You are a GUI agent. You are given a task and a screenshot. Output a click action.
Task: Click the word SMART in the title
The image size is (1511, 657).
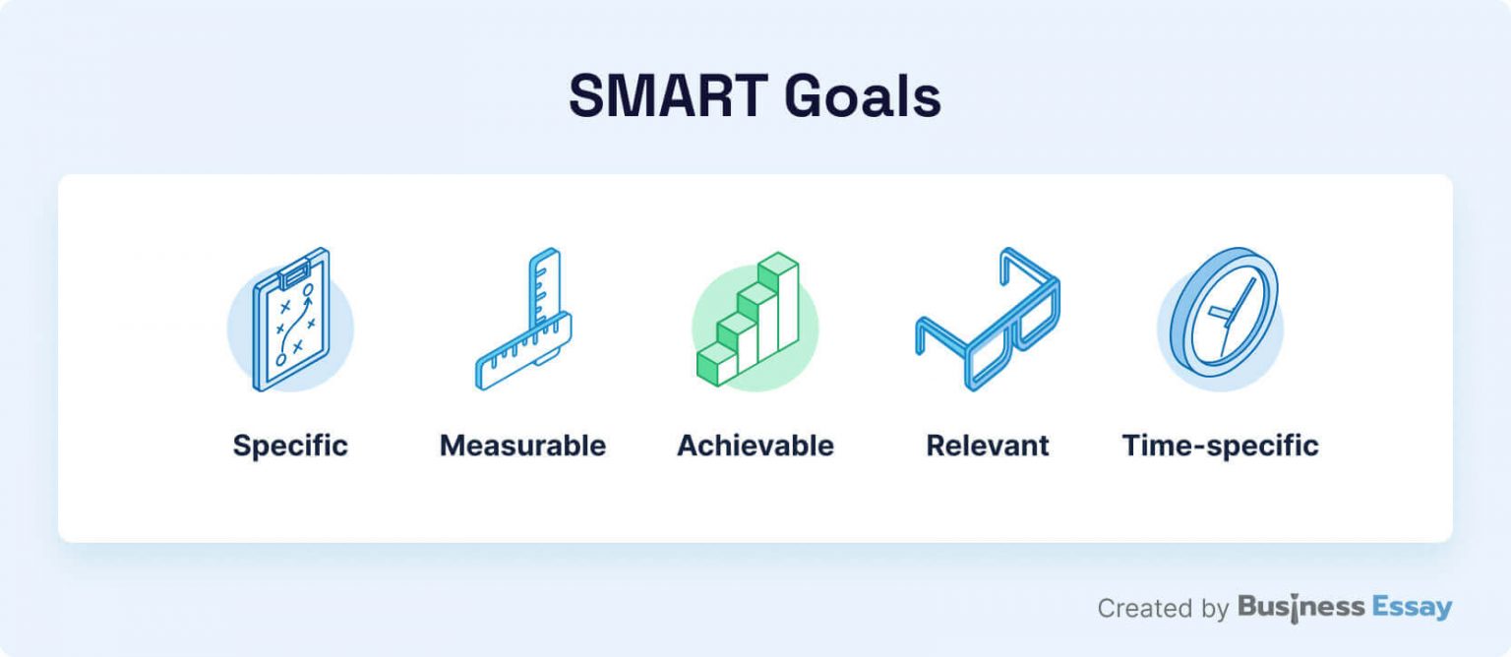(668, 96)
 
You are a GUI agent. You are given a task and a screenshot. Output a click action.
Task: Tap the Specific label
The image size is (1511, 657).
(290, 446)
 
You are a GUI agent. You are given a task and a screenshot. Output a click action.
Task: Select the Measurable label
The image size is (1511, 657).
(522, 446)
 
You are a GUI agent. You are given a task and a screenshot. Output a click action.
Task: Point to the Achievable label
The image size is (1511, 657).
(755, 446)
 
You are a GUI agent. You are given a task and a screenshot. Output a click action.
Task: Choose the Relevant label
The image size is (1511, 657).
(988, 446)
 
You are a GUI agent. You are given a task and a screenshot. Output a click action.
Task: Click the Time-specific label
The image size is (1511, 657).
(1220, 446)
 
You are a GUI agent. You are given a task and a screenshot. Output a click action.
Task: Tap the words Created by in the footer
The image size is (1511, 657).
(1163, 609)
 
